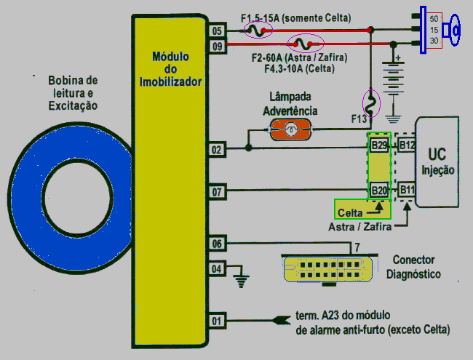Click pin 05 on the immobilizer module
[x=217, y=31]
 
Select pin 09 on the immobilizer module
[x=217, y=46]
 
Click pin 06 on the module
[x=217, y=243]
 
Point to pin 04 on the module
[x=217, y=269]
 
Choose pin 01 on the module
[x=217, y=319]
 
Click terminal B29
[x=379, y=145]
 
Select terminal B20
[x=379, y=191]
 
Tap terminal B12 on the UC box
[x=406, y=145]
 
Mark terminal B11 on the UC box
[x=406, y=191]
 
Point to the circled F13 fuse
[x=370, y=103]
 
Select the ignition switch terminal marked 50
[x=434, y=17]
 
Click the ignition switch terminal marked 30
[x=434, y=41]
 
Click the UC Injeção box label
[x=437, y=161]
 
